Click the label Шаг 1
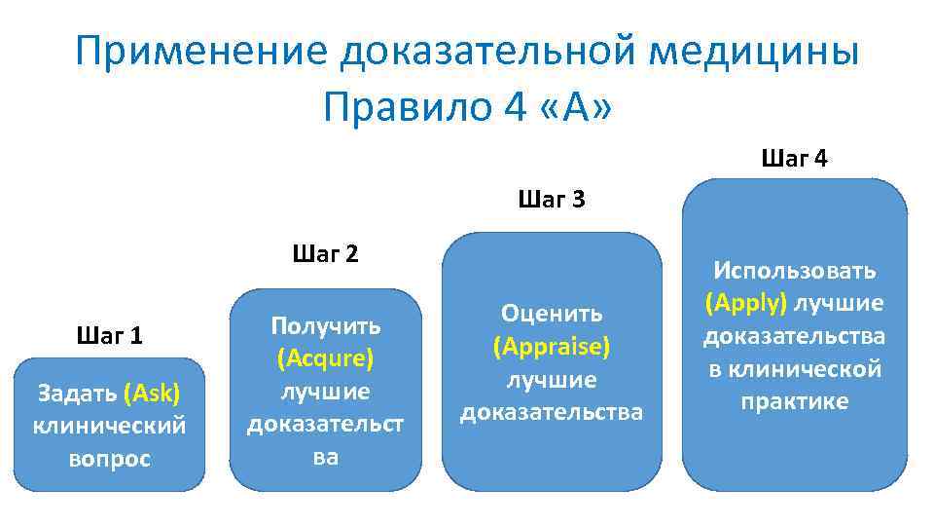pos(109,336)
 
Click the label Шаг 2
pos(325,255)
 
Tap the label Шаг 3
pos(552,201)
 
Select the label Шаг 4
pos(795,158)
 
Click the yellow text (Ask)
pos(152,394)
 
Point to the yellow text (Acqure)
pos(325,357)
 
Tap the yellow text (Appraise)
pos(552,346)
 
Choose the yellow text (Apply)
pos(746,303)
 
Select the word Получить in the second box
pos(325,324)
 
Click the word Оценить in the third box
pos(552,313)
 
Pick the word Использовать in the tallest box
pos(795,270)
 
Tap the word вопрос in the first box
pos(109,459)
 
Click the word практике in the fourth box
pos(795,401)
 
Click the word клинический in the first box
pos(109,426)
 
